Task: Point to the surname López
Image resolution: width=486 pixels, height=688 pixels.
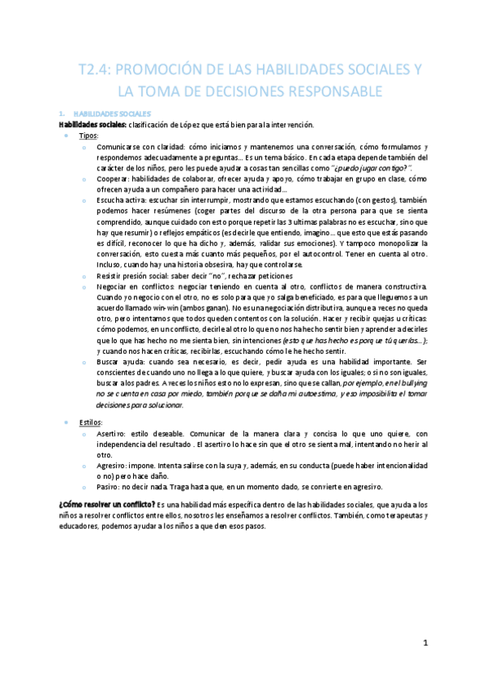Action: coord(206,124)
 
